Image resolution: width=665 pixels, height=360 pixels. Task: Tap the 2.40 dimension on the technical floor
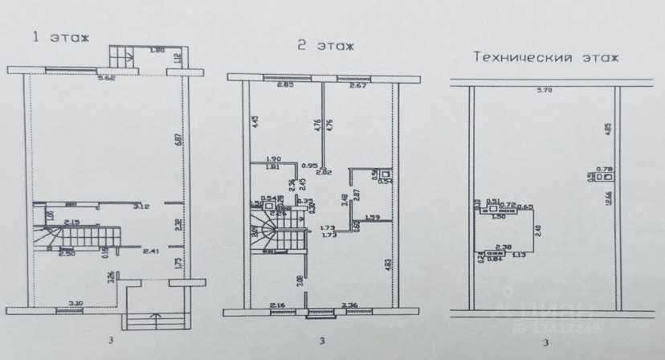(540, 234)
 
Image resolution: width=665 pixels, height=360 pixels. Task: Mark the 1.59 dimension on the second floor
(372, 216)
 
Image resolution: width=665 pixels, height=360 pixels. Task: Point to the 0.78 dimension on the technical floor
(606, 170)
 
